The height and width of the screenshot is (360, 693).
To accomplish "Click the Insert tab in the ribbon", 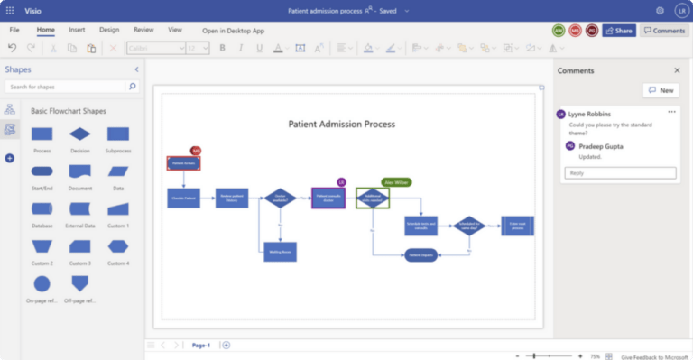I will pyautogui.click(x=77, y=30).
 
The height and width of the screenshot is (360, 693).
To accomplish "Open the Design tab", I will pyautogui.click(x=109, y=30).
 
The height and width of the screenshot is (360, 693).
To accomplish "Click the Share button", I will pyautogui.click(x=619, y=31).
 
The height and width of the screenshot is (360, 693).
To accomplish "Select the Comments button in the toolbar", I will pyautogui.click(x=664, y=31).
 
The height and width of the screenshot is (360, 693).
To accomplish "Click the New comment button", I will pyautogui.click(x=661, y=90).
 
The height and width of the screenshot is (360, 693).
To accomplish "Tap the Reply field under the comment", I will pyautogui.click(x=620, y=172).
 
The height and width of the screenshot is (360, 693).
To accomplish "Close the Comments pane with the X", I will pyautogui.click(x=677, y=69).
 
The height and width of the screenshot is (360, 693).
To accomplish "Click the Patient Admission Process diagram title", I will pyautogui.click(x=341, y=124).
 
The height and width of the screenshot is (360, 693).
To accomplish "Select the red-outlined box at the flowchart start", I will pyautogui.click(x=183, y=163).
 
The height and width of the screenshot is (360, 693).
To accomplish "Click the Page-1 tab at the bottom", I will pyautogui.click(x=200, y=345).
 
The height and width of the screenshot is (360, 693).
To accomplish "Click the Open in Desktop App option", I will pyautogui.click(x=233, y=31).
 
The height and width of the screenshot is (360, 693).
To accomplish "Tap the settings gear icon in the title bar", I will pyautogui.click(x=660, y=10).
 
